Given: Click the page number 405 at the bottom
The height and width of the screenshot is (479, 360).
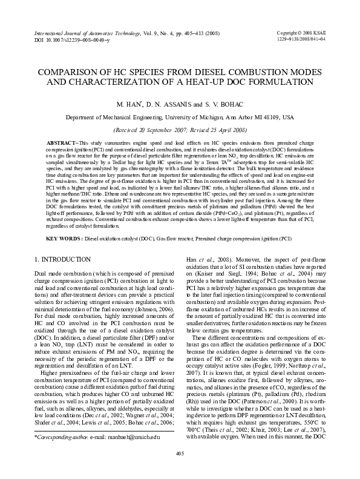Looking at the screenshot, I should (x=180, y=454).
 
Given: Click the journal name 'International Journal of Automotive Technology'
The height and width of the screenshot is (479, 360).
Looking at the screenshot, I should (x=84, y=32).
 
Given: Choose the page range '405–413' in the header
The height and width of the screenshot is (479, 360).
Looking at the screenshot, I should (x=189, y=32).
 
